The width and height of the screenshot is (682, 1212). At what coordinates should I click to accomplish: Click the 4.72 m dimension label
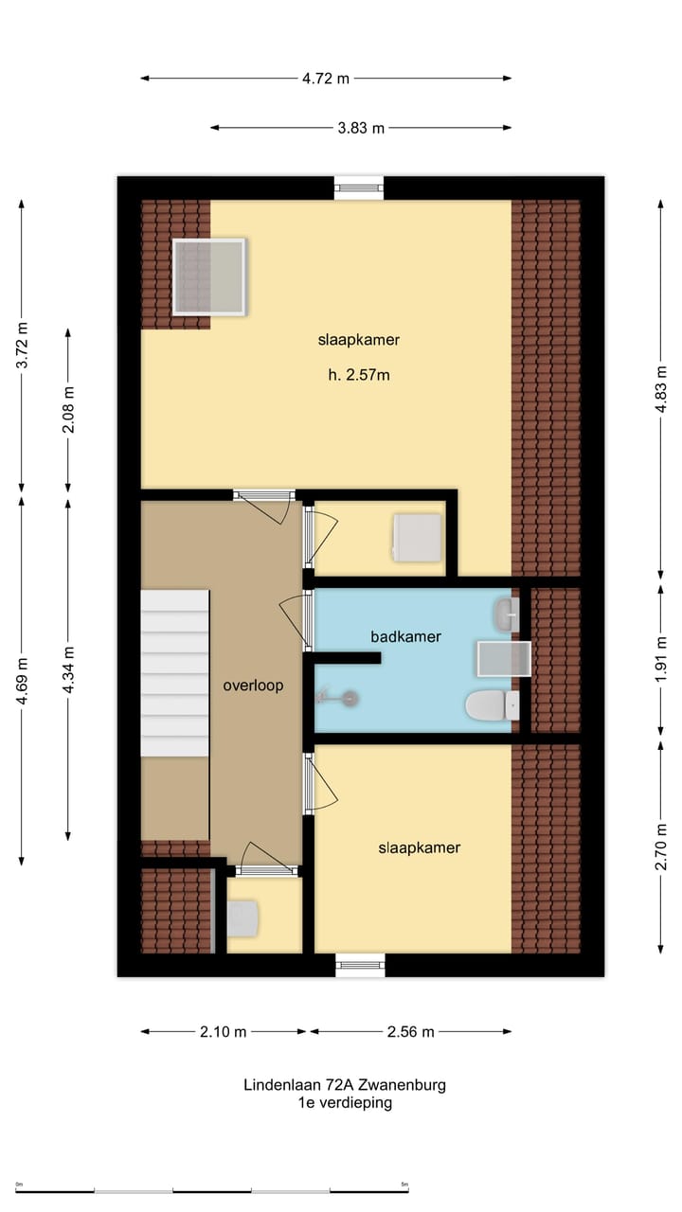(x=326, y=79)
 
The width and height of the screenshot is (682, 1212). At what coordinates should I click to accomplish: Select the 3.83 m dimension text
(x=361, y=128)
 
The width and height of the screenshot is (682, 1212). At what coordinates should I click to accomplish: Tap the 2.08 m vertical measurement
(x=68, y=410)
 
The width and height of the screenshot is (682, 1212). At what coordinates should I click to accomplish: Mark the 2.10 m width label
(x=223, y=1031)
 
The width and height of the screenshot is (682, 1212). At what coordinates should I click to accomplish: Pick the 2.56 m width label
(x=410, y=1031)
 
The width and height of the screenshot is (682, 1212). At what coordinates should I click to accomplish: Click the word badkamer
(x=405, y=636)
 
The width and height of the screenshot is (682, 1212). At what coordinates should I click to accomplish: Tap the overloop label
(x=253, y=686)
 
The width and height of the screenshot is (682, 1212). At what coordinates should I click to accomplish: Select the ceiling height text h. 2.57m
(x=359, y=375)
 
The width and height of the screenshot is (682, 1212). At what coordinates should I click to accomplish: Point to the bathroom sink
(x=505, y=615)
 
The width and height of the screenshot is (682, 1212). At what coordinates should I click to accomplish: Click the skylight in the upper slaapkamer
(x=208, y=276)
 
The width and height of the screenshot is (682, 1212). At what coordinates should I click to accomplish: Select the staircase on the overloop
(x=175, y=672)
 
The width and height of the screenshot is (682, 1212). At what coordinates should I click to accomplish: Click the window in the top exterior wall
(x=359, y=187)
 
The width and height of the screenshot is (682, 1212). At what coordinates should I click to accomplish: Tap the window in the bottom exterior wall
(x=360, y=965)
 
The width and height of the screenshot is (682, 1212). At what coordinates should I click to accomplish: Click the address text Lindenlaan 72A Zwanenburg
(x=344, y=1085)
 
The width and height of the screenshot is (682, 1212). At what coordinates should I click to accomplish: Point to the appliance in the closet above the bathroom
(x=418, y=537)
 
